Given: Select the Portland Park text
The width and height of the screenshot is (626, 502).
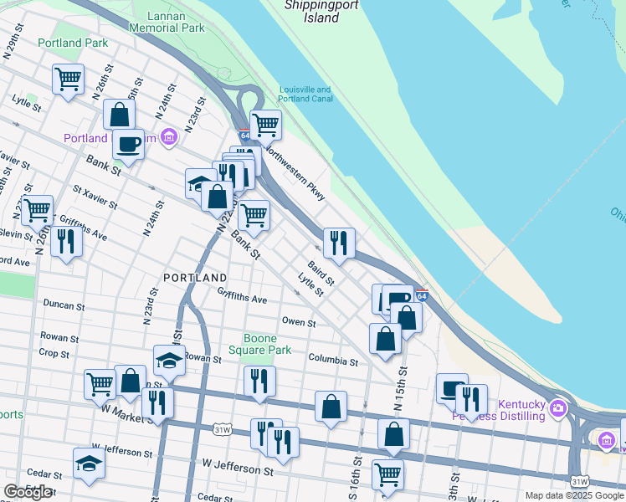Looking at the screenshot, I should click(72, 43).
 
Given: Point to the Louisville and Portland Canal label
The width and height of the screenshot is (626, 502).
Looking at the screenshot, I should click(305, 95).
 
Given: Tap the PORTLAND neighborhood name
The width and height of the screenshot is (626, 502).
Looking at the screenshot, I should click(195, 277).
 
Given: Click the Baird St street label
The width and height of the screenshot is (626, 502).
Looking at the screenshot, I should click(321, 272).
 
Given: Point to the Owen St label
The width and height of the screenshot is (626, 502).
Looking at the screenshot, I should click(299, 322).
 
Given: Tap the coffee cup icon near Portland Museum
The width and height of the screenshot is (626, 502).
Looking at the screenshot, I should click(128, 143).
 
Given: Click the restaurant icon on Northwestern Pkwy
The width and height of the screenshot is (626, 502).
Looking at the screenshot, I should click(339, 243).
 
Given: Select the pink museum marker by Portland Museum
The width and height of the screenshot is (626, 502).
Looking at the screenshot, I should click(169, 136).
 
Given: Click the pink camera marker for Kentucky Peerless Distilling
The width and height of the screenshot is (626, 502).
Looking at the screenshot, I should click(558, 409).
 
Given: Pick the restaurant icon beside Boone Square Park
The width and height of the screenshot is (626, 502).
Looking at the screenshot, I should click(259, 381).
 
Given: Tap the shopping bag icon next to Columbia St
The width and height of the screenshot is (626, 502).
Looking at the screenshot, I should click(385, 339).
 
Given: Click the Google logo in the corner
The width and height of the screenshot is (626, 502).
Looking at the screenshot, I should click(28, 493).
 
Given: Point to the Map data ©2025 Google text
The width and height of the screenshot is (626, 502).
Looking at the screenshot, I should click(573, 495).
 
